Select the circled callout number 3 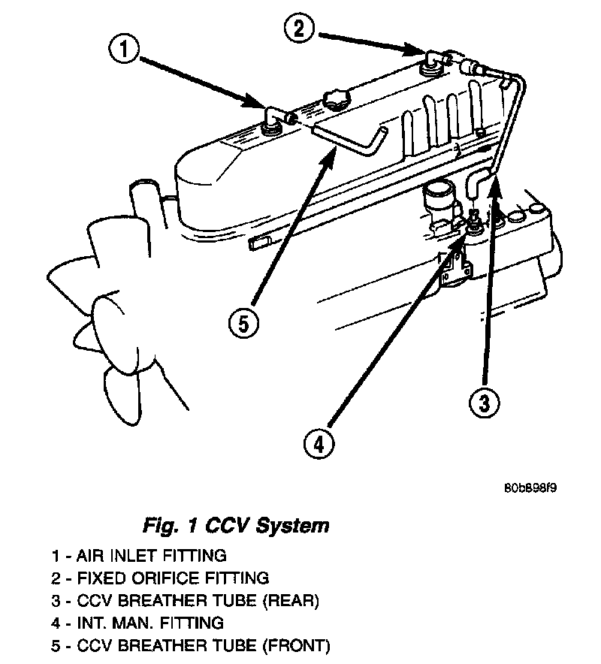pos(484,403)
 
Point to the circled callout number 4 pos(319,444)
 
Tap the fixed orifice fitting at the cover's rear pos(433,60)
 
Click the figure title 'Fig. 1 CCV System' pos(235,524)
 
